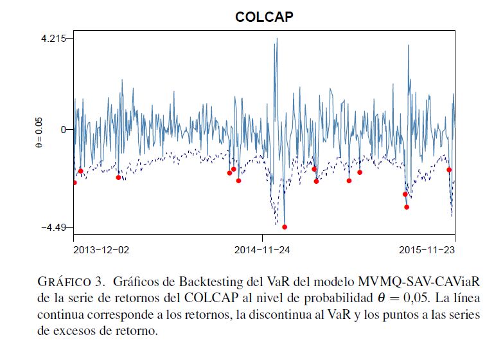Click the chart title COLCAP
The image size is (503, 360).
tap(264, 17)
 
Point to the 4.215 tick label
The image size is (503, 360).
tap(53, 39)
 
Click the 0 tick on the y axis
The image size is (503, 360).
tap(62, 129)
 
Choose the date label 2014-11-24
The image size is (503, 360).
tap(262, 249)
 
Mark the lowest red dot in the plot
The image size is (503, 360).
tap(285, 227)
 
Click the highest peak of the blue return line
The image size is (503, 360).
tap(277, 39)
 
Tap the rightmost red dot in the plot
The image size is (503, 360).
tap(449, 170)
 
